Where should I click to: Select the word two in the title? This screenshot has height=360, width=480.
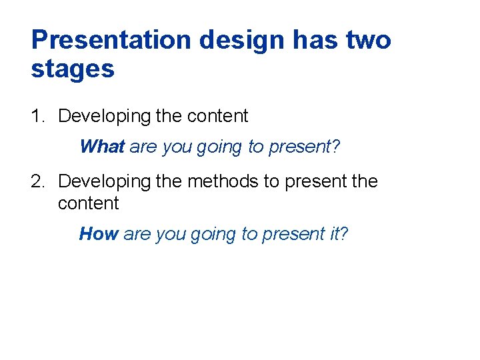tap(368, 40)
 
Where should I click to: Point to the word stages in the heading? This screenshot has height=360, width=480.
tap(73, 69)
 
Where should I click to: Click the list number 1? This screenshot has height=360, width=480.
tap(37, 116)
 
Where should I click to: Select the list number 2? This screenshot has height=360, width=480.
tap(37, 181)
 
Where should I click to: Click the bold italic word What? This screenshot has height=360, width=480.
tap(102, 147)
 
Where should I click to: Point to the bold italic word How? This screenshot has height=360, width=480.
tap(99, 234)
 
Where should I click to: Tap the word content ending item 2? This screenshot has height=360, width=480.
tap(88, 203)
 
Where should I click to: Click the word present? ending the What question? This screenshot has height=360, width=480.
tap(305, 147)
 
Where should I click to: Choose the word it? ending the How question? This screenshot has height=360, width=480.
tap(339, 234)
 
